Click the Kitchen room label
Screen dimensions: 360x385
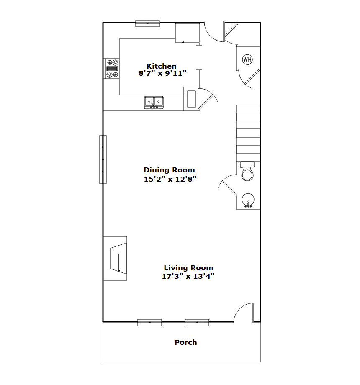tap(162, 66)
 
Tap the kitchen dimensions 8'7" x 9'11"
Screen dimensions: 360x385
tap(162, 73)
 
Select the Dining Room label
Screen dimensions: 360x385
tap(169, 170)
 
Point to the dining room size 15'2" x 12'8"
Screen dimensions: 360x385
tap(170, 179)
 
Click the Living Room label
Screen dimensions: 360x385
tap(189, 268)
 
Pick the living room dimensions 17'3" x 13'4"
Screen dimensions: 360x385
tap(188, 276)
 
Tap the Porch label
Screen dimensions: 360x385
tap(185, 342)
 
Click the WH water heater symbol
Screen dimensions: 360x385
tap(247, 59)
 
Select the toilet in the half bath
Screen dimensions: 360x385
tap(247, 172)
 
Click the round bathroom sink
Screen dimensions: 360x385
tap(248, 200)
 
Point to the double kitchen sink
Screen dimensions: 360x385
tap(154, 103)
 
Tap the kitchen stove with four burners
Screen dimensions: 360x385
tap(112, 69)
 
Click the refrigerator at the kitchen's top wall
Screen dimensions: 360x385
tap(187, 33)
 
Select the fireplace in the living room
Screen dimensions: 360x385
tap(115, 258)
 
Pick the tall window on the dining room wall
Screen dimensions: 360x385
tap(103, 159)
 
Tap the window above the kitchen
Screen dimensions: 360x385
tap(148, 23)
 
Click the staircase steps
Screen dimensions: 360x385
tap(248, 133)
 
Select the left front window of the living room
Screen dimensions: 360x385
tap(150, 322)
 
